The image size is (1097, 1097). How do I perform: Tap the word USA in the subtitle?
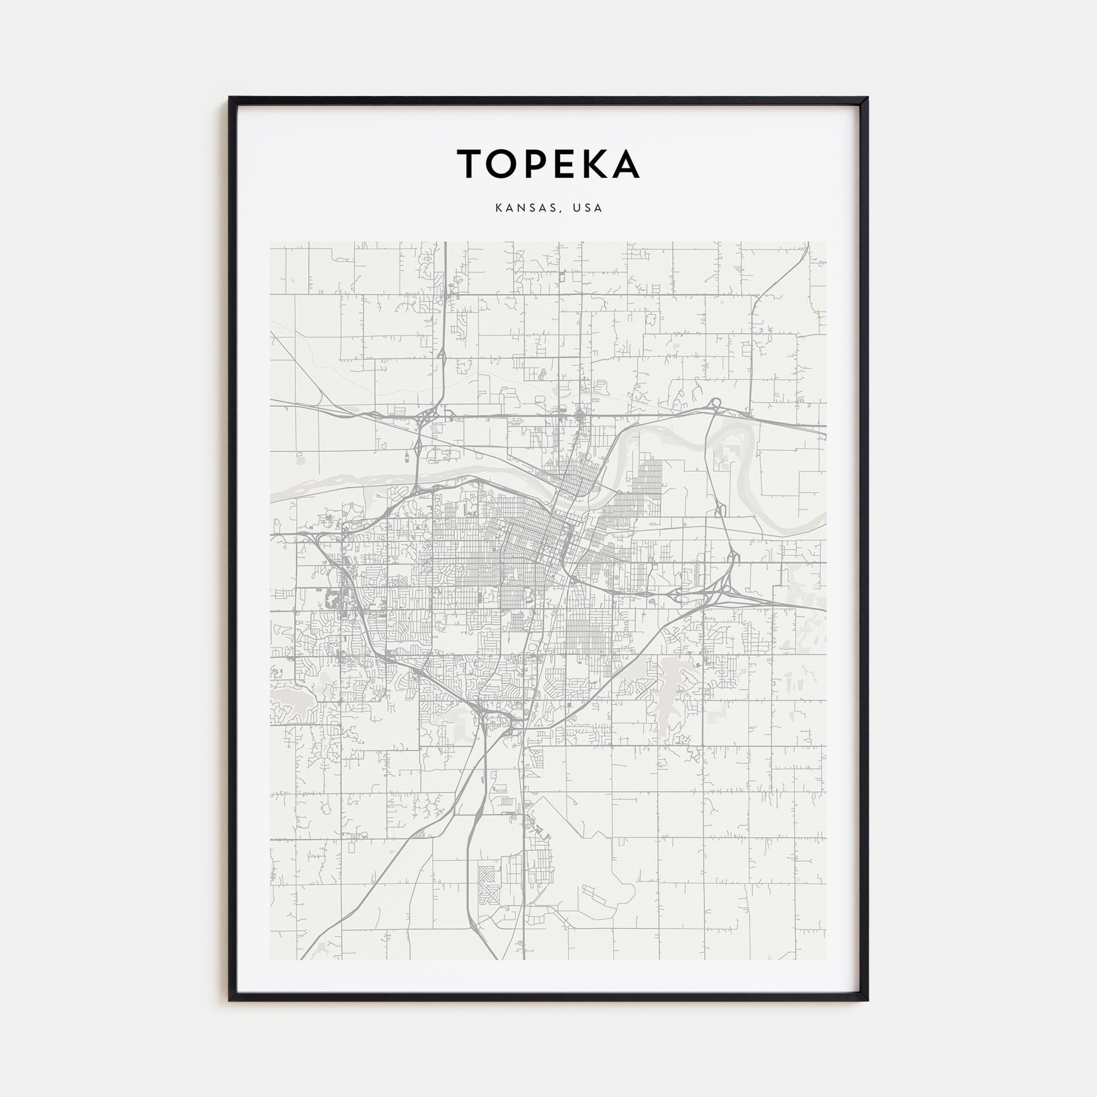click(587, 208)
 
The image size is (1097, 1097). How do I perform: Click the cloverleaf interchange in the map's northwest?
click(426, 419)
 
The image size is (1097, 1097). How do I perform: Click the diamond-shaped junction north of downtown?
click(579, 417)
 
